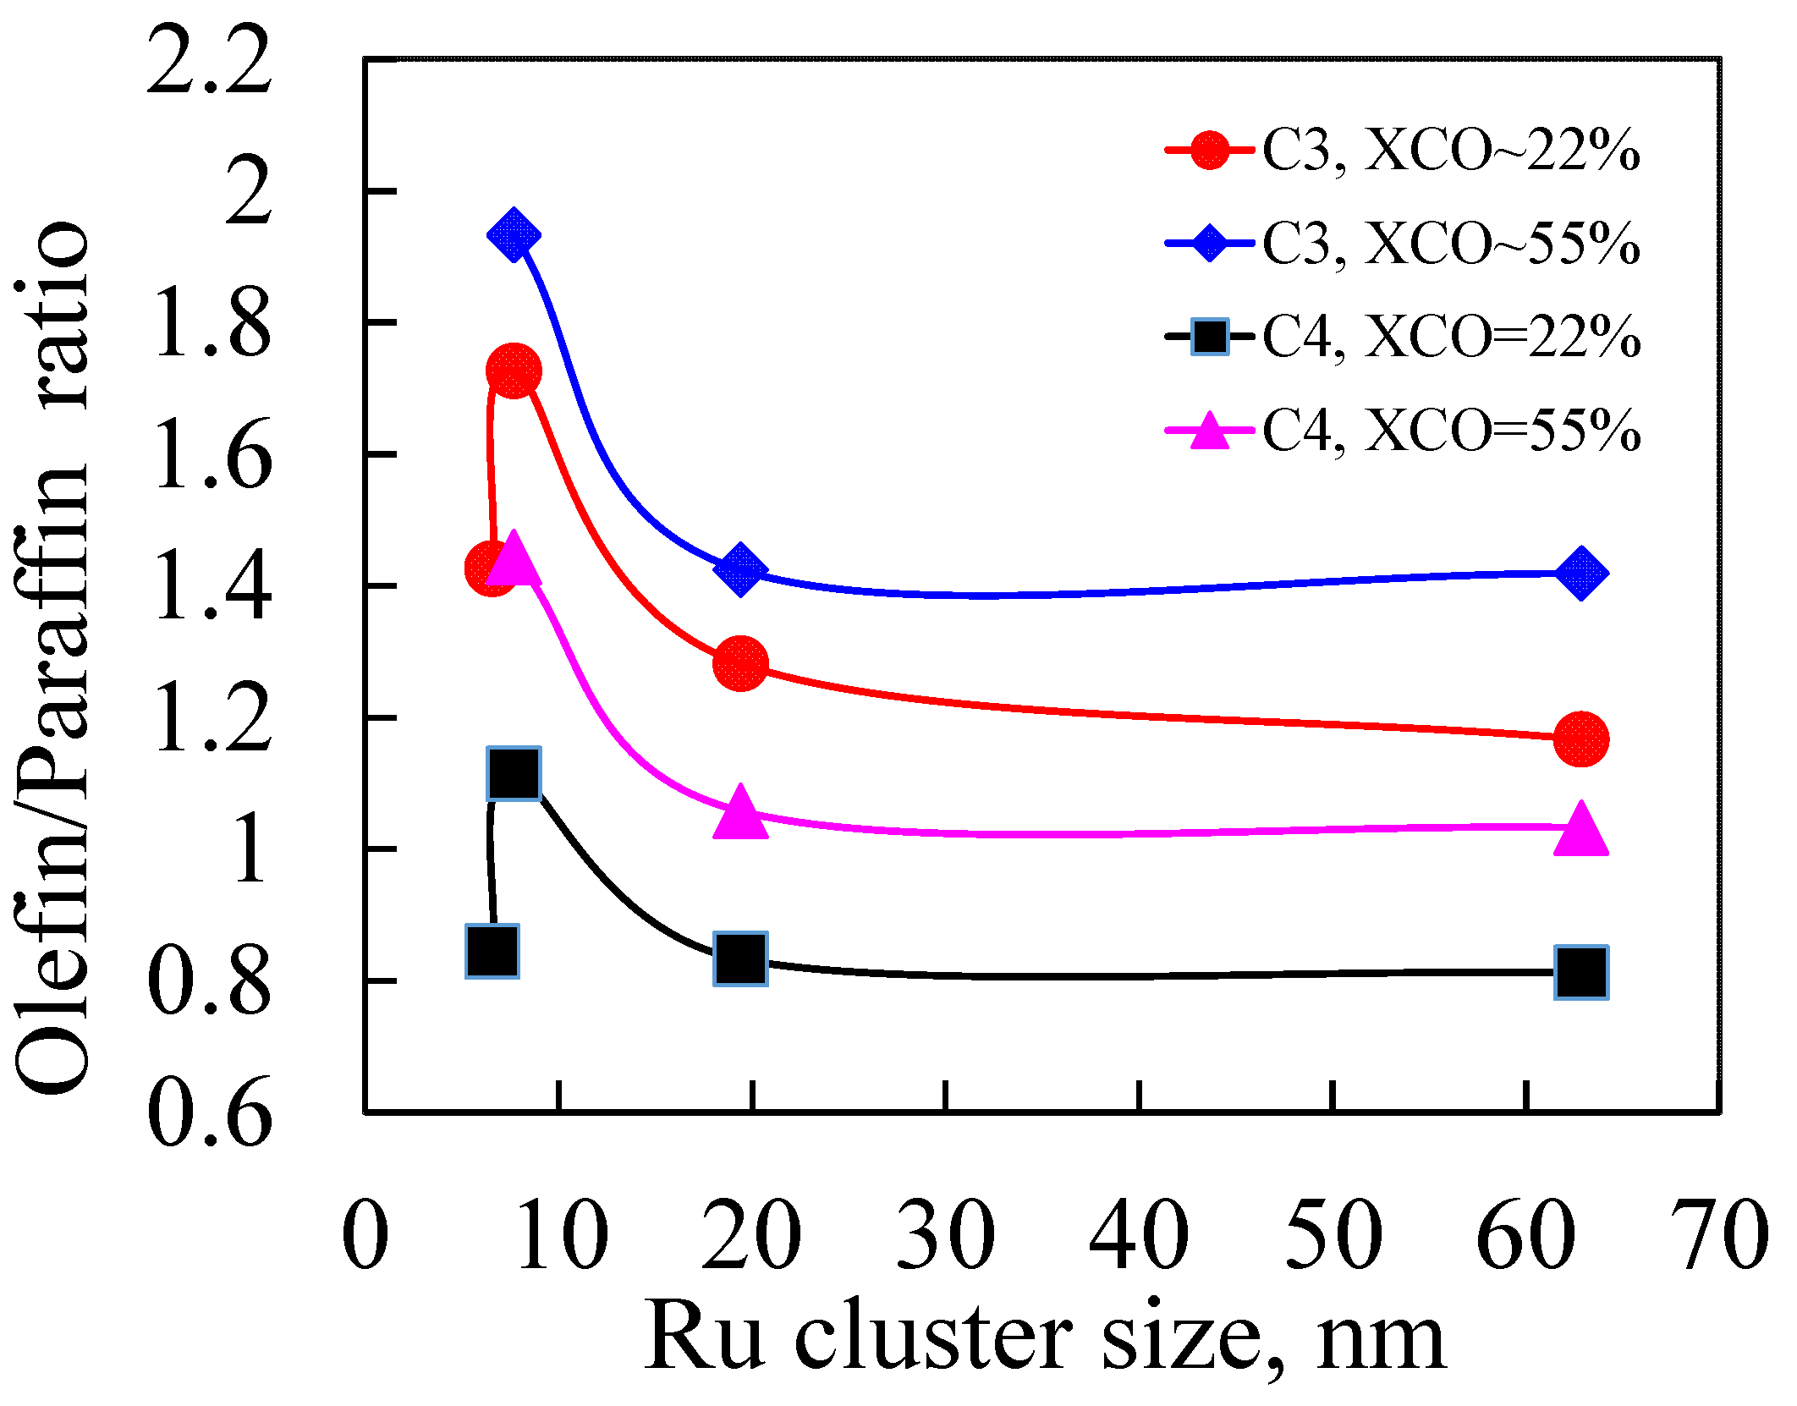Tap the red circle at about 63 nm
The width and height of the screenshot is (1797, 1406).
pos(1580,739)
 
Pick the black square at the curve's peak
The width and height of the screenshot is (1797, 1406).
pos(514,773)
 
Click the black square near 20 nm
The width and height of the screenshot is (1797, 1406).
pos(740,958)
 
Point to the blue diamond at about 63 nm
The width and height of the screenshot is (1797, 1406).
pos(1580,573)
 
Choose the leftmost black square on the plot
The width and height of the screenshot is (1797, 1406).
pos(492,951)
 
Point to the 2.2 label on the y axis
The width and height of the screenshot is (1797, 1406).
pos(209,61)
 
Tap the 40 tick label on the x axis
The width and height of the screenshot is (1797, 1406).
pos(1139,1237)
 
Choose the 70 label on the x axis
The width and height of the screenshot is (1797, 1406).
pos(1721,1237)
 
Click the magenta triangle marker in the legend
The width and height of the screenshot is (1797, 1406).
pos(1210,431)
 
